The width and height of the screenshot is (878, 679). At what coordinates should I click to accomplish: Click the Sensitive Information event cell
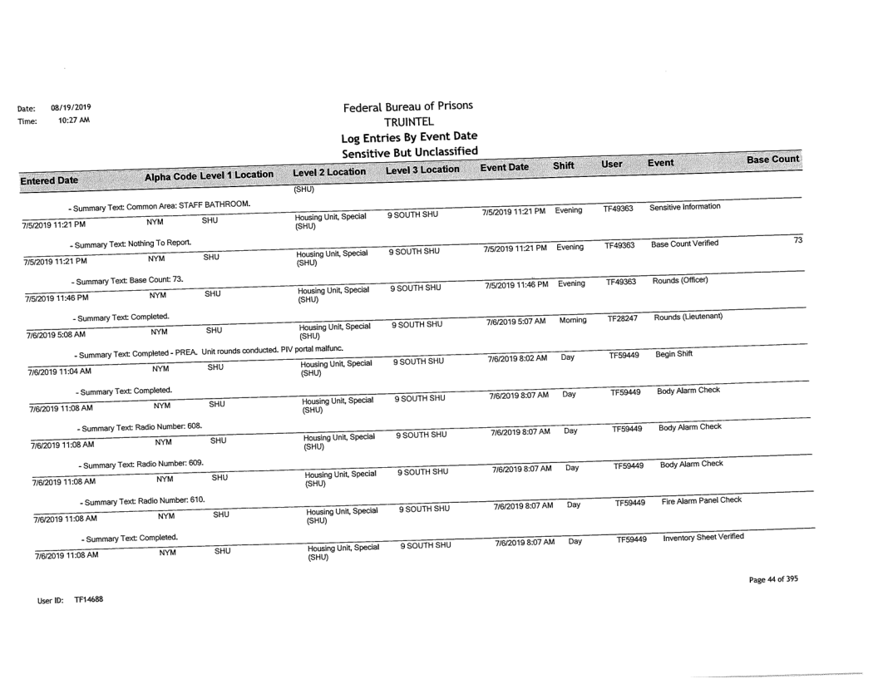687,206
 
